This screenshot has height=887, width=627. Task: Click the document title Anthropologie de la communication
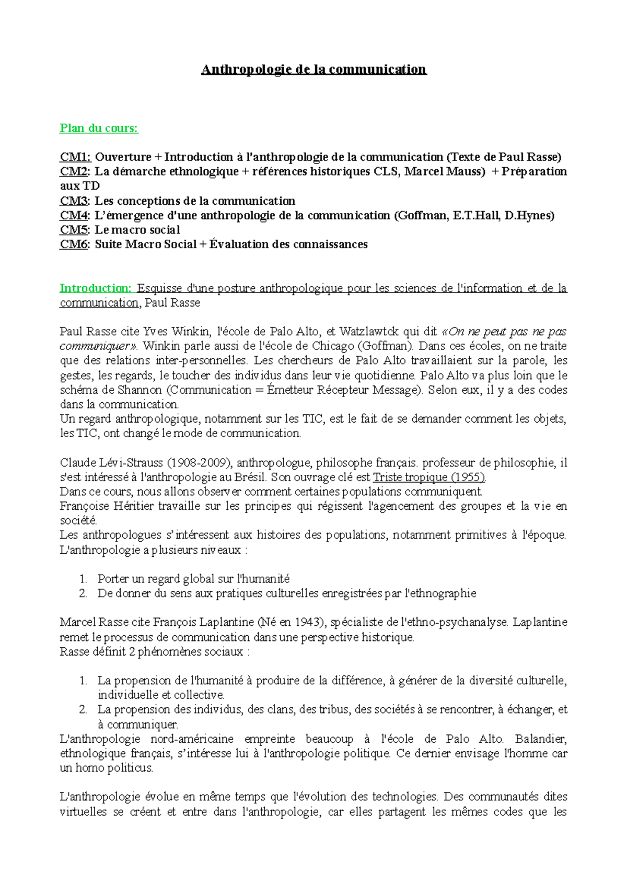coord(313,69)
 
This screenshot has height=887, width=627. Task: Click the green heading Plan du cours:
coord(99,129)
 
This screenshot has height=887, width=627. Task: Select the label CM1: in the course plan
coord(75,157)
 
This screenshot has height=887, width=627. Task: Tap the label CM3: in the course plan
coord(75,201)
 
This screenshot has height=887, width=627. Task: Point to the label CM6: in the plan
coord(75,244)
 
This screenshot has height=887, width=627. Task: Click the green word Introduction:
coord(96,288)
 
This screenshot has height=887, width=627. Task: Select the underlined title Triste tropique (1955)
coord(429,477)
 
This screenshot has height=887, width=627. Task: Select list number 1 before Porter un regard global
coord(83,579)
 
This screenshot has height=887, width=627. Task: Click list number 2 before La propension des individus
coord(83,709)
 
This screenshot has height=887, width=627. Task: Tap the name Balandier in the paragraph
coord(541,739)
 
